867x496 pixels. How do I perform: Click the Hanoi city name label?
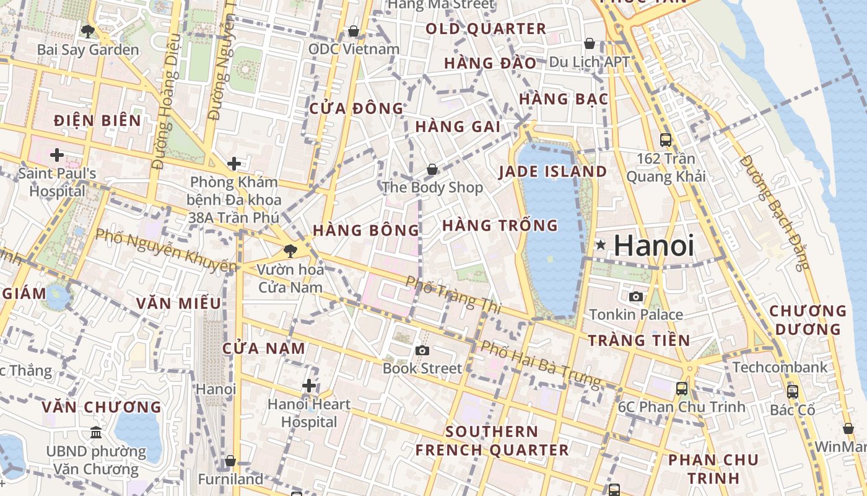[x=655, y=246]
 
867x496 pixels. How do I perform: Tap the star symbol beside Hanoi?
[x=600, y=245]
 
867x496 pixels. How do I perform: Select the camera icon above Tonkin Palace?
[x=635, y=297]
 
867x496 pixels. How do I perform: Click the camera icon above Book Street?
[x=422, y=351]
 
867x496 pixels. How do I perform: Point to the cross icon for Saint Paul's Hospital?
[x=57, y=155]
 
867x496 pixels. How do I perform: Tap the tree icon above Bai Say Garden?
[x=87, y=31]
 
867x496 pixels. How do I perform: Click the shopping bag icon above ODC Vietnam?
[x=354, y=31]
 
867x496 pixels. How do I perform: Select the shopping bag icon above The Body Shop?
[x=432, y=169]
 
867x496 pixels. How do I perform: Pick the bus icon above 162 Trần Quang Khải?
[x=666, y=140]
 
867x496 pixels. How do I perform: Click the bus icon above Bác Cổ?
[x=793, y=392]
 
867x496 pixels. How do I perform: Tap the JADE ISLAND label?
[x=553, y=172]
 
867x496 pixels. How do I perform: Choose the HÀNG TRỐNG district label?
[x=500, y=226]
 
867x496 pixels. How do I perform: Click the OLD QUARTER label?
[x=486, y=29]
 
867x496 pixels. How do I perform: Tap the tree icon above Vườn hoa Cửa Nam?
[x=289, y=251]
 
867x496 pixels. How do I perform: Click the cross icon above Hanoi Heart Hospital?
[x=309, y=386]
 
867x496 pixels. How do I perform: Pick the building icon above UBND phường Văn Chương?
[x=96, y=433]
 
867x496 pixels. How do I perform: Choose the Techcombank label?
[x=780, y=367]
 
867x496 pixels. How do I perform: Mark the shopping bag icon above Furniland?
[x=230, y=461]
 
